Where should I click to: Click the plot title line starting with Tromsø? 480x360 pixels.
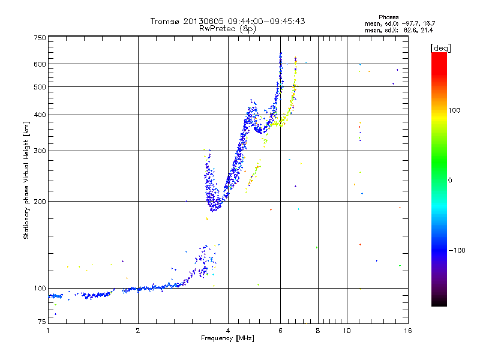pyautogui.click(x=227, y=21)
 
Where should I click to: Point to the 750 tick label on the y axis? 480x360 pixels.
pyautogui.click(x=40, y=38)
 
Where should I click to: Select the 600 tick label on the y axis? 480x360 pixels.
pyautogui.click(x=40, y=64)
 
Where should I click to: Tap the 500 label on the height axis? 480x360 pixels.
pyautogui.click(x=40, y=87)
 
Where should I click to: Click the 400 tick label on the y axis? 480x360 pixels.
pyautogui.click(x=40, y=115)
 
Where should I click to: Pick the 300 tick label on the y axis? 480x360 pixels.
pyautogui.click(x=40, y=151)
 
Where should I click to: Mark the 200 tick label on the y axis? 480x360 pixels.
pyautogui.click(x=40, y=202)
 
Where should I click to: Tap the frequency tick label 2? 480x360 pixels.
pyautogui.click(x=138, y=331)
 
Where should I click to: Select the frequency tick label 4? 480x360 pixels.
pyautogui.click(x=228, y=331)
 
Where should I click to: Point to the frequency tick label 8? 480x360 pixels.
pyautogui.click(x=317, y=331)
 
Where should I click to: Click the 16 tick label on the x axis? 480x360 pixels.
pyautogui.click(x=407, y=331)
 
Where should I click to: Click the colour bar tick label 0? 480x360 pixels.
pyautogui.click(x=451, y=180)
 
